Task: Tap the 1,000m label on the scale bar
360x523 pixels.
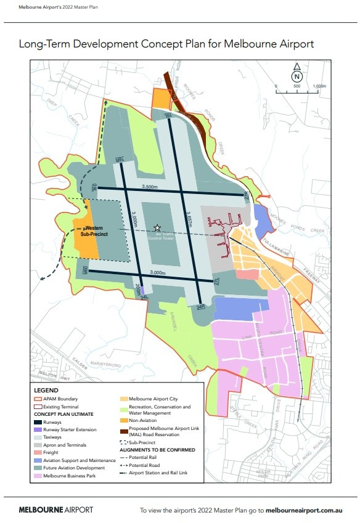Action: click(x=319, y=86)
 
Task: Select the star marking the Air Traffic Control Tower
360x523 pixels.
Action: click(x=158, y=227)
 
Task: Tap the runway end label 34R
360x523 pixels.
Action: click(x=200, y=306)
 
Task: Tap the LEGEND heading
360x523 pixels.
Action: click(x=46, y=391)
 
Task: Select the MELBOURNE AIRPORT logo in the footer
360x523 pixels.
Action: click(x=55, y=510)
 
